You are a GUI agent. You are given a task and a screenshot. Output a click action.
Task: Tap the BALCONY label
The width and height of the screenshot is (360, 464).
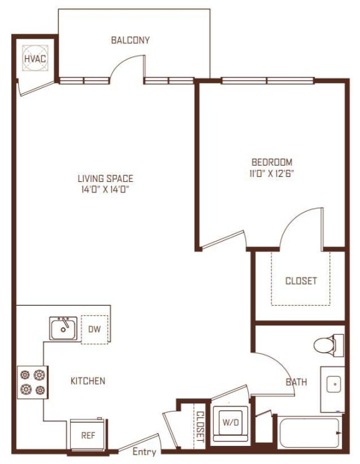(x=130, y=41)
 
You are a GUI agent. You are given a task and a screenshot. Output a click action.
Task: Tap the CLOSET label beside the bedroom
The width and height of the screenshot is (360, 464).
(x=301, y=281)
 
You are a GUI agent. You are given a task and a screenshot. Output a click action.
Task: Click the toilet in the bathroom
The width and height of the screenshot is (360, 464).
(x=327, y=345)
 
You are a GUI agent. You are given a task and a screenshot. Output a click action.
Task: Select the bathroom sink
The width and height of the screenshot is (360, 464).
(x=333, y=383)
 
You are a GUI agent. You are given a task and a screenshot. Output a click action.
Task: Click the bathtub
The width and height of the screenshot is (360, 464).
(x=309, y=431)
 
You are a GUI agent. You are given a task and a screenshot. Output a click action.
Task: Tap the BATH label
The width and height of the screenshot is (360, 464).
(x=296, y=381)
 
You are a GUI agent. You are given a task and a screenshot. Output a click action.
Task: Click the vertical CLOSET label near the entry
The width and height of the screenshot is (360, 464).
(x=200, y=426)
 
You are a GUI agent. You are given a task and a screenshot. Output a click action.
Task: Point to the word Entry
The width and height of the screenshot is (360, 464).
(x=145, y=452)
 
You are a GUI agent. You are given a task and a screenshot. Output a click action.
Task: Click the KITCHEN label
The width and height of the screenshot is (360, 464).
(x=87, y=381)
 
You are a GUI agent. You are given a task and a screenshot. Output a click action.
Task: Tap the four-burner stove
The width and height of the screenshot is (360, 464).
(x=32, y=382)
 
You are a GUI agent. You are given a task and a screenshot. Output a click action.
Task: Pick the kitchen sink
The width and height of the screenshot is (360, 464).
(x=64, y=328)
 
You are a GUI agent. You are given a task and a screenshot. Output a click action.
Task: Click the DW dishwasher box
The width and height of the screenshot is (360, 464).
(x=94, y=328)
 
